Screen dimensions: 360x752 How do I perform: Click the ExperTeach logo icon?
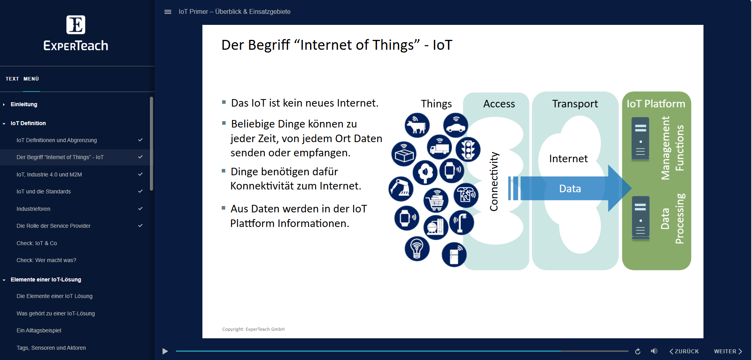pyautogui.click(x=75, y=25)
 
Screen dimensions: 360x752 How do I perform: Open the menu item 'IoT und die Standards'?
pyautogui.click(x=43, y=191)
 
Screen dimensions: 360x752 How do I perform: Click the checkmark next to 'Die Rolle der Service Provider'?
pyautogui.click(x=140, y=226)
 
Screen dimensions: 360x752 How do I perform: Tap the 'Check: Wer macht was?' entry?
pyautogui.click(x=46, y=260)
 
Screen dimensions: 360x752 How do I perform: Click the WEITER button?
pyautogui.click(x=728, y=351)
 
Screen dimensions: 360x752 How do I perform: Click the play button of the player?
pyautogui.click(x=165, y=351)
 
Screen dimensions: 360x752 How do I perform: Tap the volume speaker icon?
pyautogui.click(x=654, y=351)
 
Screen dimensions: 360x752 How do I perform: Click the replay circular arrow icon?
pyautogui.click(x=638, y=351)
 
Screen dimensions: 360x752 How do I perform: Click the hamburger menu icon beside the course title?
pyautogui.click(x=168, y=12)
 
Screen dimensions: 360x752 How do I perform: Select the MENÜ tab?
pyautogui.click(x=31, y=79)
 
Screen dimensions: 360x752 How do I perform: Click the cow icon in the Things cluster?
pyautogui.click(x=417, y=126)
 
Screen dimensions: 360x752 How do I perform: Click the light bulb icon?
pyautogui.click(x=417, y=249)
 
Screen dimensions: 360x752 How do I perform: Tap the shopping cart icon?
pyautogui.click(x=436, y=201)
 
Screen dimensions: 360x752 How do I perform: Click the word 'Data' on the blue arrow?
pyautogui.click(x=570, y=189)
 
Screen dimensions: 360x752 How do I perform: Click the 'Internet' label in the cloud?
pyautogui.click(x=568, y=159)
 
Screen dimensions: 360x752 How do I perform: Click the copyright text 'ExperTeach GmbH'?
pyautogui.click(x=265, y=329)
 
